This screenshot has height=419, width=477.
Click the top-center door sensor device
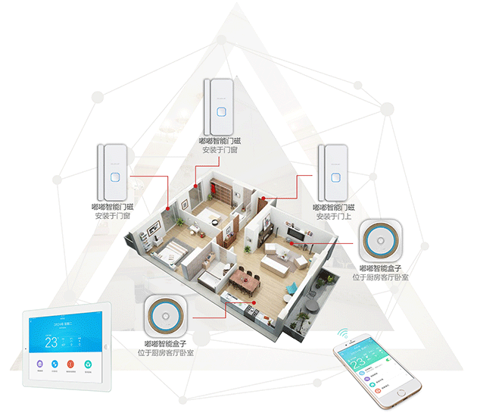(218, 106)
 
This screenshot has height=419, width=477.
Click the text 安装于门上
(334, 217)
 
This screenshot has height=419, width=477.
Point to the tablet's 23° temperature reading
(51, 341)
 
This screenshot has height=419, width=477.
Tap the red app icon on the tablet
(70, 365)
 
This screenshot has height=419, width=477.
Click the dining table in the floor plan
(244, 281)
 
